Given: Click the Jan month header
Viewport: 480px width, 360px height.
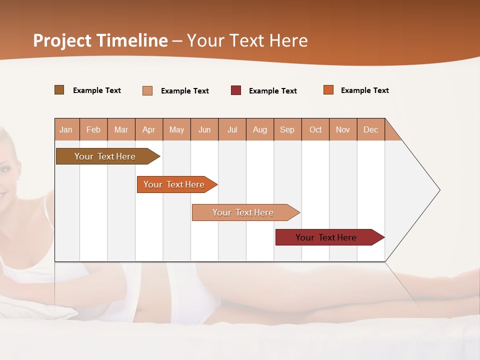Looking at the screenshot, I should pos(66,129).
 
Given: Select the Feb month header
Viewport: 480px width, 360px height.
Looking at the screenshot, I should pos(93,129).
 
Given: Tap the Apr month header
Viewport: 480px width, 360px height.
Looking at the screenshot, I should pos(148,129).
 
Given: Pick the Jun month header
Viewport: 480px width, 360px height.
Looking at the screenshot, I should pos(204,129).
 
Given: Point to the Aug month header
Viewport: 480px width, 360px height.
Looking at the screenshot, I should pos(260,129).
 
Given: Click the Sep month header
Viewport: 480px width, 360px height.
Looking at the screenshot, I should pos(287,129).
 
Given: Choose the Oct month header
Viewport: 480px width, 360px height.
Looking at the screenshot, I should pos(315,129).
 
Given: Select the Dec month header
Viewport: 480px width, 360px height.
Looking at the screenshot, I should pos(370,129).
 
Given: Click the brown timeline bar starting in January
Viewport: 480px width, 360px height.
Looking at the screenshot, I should pos(105,156).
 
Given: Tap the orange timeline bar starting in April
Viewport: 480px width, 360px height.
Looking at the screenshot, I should pos(174,184).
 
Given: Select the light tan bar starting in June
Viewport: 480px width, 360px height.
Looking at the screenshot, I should pos(243,212).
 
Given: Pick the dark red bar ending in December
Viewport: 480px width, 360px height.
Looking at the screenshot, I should pos(326,237).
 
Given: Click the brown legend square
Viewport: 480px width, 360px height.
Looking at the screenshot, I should pos(59,90).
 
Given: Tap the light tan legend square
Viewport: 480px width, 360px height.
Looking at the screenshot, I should pos(147,90).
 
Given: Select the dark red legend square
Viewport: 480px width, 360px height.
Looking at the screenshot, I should pos(236,90).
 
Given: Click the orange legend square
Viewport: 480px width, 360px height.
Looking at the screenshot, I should pos(328,90).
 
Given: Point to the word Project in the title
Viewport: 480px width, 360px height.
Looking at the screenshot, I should pos(62,40).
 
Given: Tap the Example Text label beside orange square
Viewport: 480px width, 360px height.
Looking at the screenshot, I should pos(364,90).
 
